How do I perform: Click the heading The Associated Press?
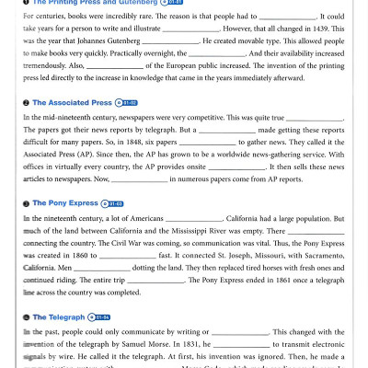pyautogui.click(x=72, y=103)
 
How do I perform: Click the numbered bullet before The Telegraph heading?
pyautogui.click(x=26, y=316)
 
